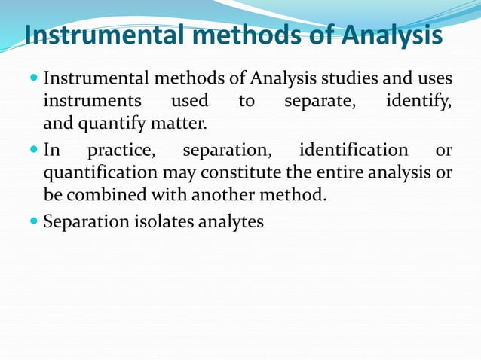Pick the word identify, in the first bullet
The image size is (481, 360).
click(x=419, y=100)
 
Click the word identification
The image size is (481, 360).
click(x=354, y=150)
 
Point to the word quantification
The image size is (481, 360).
click(x=99, y=172)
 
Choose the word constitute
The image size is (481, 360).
click(x=240, y=172)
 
